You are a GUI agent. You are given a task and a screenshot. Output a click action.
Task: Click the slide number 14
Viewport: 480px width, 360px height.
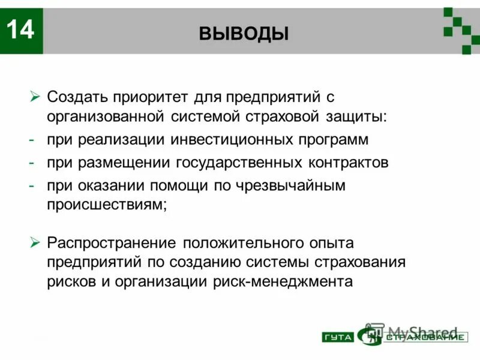21,30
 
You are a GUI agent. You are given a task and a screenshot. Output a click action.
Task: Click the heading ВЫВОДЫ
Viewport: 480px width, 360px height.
244,34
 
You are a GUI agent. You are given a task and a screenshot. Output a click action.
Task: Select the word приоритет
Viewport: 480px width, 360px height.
150,97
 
